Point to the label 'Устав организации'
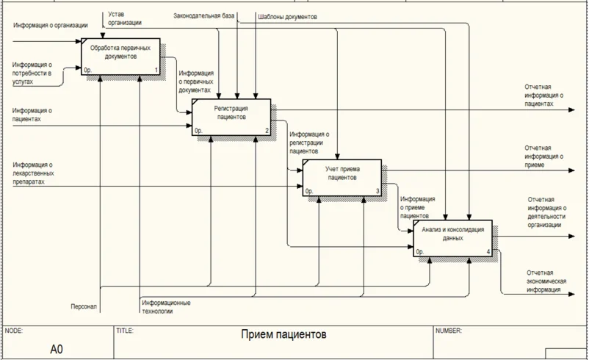(126, 18)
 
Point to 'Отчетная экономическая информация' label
(544, 281)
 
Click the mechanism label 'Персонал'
(84, 305)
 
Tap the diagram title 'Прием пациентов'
(283, 335)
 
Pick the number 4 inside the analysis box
(488, 252)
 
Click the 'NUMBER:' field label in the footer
(448, 331)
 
